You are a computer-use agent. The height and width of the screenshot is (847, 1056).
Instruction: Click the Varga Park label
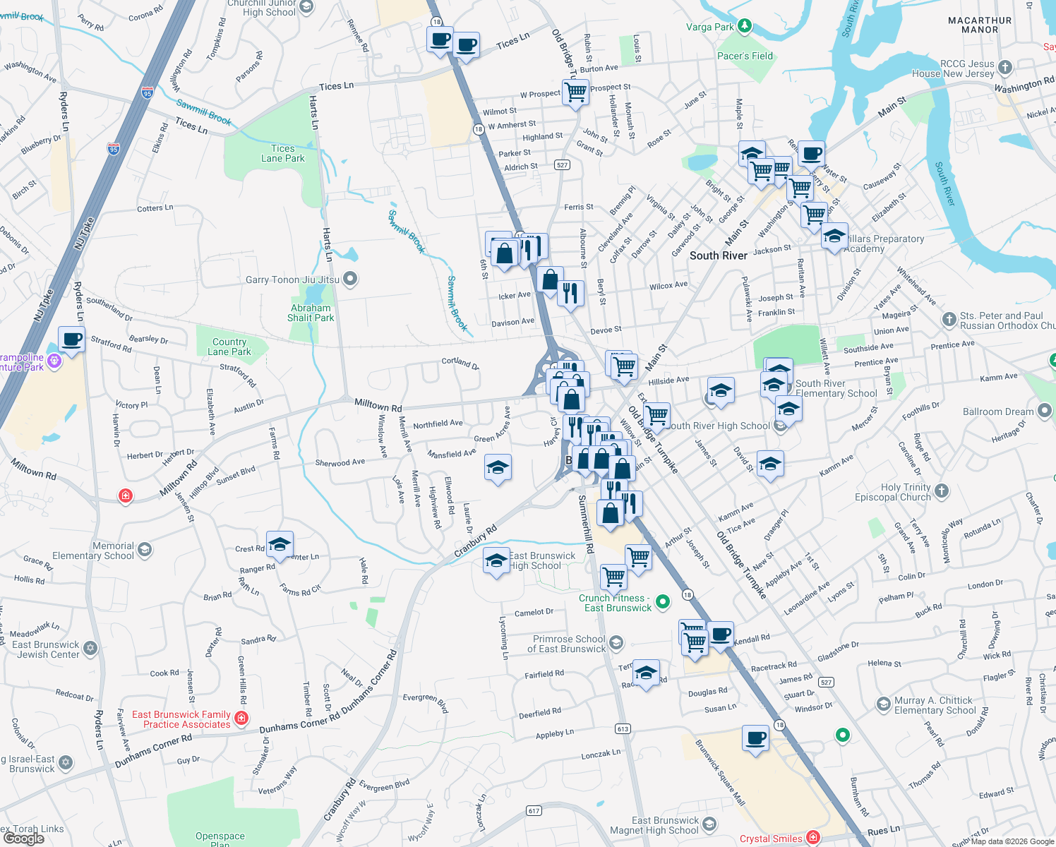[710, 27]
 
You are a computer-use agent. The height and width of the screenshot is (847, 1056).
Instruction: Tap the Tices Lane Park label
[282, 153]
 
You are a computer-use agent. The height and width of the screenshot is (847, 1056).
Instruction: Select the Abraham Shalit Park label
[311, 313]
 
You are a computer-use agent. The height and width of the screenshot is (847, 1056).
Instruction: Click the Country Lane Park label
[229, 347]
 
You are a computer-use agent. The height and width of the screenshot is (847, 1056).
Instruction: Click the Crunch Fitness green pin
[662, 601]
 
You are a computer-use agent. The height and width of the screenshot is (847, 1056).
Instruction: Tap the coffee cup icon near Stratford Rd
[72, 340]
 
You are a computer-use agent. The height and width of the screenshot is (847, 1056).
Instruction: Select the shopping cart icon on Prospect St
[576, 91]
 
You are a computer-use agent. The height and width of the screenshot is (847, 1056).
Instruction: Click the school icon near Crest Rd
[280, 544]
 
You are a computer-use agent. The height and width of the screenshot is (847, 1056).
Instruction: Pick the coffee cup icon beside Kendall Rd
[720, 635]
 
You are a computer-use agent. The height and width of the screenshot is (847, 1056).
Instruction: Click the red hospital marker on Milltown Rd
[126, 495]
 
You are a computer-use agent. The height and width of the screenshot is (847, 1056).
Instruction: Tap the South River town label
[718, 256]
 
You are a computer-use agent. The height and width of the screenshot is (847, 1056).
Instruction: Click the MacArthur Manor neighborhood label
[980, 25]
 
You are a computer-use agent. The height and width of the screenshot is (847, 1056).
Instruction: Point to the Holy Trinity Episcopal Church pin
[942, 491]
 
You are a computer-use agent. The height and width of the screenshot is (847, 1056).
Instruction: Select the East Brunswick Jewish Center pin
[90, 648]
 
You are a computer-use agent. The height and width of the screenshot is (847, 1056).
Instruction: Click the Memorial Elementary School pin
[145, 550]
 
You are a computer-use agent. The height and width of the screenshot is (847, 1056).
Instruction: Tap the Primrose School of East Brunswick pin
[616, 642]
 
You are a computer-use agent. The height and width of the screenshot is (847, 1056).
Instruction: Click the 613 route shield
[622, 729]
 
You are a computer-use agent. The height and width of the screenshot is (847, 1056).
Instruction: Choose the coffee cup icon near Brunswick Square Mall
[755, 739]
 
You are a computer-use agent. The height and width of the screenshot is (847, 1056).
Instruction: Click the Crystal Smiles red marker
[813, 838]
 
